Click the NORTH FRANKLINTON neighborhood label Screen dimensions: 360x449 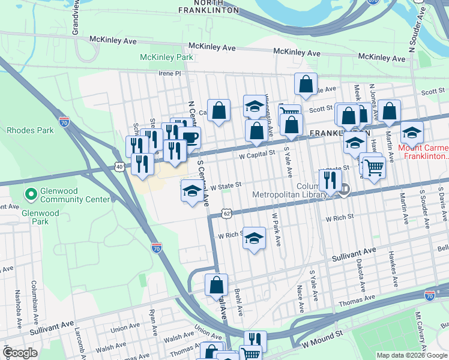(208, 6)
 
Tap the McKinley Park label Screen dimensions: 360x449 (166, 57)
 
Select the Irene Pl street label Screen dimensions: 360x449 (169, 73)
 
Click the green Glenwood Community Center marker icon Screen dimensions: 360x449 (29, 194)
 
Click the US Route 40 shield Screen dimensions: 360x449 (119, 166)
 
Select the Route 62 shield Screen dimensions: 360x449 (226, 213)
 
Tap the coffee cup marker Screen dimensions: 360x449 (190, 137)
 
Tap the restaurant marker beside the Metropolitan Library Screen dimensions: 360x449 (330, 179)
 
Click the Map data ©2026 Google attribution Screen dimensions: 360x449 (411, 355)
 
